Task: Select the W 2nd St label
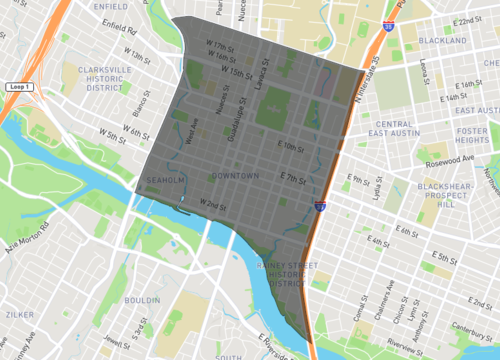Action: click(213, 205)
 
